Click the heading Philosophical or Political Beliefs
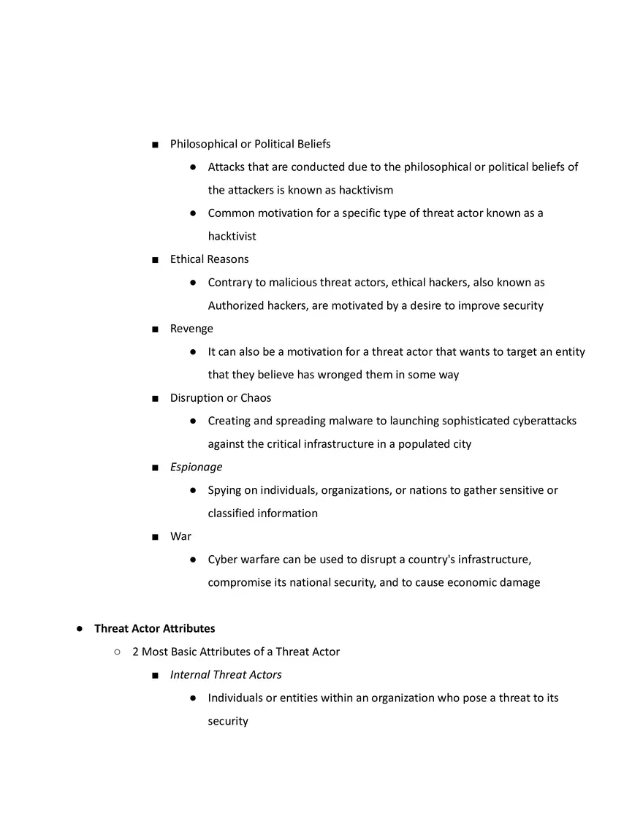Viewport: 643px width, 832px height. [x=250, y=144]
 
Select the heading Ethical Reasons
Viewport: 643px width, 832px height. [x=209, y=259]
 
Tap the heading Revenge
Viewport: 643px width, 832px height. [x=191, y=329]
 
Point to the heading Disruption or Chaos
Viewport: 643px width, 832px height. [x=220, y=398]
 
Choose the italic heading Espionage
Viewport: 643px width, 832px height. [x=196, y=467]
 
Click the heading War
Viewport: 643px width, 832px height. [x=180, y=536]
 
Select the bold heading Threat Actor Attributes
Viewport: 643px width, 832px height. [x=154, y=628]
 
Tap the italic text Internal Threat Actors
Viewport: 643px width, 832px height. [x=226, y=675]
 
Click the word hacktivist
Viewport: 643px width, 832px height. [x=232, y=237]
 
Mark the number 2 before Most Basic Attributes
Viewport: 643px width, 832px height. [x=136, y=652]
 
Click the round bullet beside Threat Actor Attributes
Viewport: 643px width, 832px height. [x=80, y=629]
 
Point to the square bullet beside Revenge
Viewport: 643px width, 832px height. [x=155, y=329]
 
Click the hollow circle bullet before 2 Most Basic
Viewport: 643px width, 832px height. [x=117, y=652]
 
